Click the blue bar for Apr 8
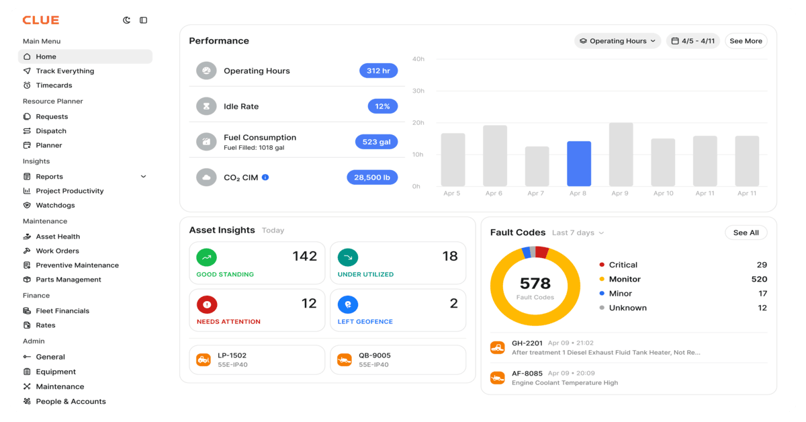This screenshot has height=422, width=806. [579, 163]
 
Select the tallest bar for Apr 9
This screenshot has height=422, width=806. [621, 155]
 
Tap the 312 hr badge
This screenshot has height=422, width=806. [379, 71]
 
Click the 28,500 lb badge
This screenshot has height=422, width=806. [372, 177]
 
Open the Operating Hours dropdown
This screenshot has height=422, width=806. [617, 41]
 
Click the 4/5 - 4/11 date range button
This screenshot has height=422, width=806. [693, 41]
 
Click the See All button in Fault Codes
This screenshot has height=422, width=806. [746, 233]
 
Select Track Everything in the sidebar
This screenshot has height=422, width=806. [64, 71]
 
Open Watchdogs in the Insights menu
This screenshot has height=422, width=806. [55, 205]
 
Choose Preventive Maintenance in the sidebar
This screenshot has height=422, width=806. [77, 265]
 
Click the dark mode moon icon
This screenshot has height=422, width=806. [126, 20]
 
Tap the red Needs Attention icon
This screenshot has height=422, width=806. [207, 304]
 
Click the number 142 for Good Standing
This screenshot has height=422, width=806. [304, 256]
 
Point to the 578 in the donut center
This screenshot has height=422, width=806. [535, 284]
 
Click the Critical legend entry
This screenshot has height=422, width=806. [623, 265]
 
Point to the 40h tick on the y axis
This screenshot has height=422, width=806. [418, 59]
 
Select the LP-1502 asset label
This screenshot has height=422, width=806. [232, 355]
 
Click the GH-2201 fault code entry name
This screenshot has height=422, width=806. [527, 343]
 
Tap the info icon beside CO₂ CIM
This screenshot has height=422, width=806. [265, 177]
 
